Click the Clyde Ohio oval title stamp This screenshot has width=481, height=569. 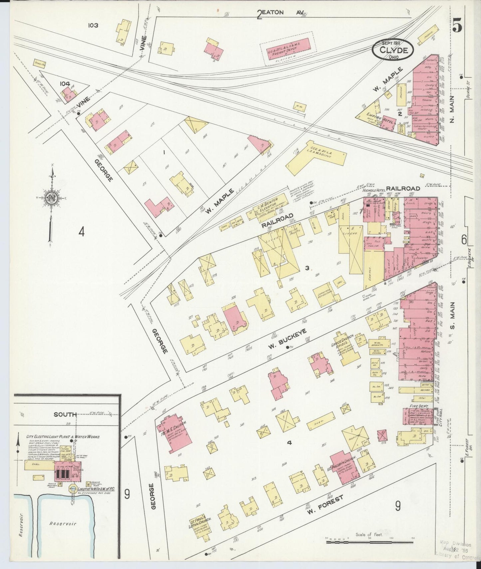point(393,50)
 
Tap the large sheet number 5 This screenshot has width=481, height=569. point(457,25)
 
